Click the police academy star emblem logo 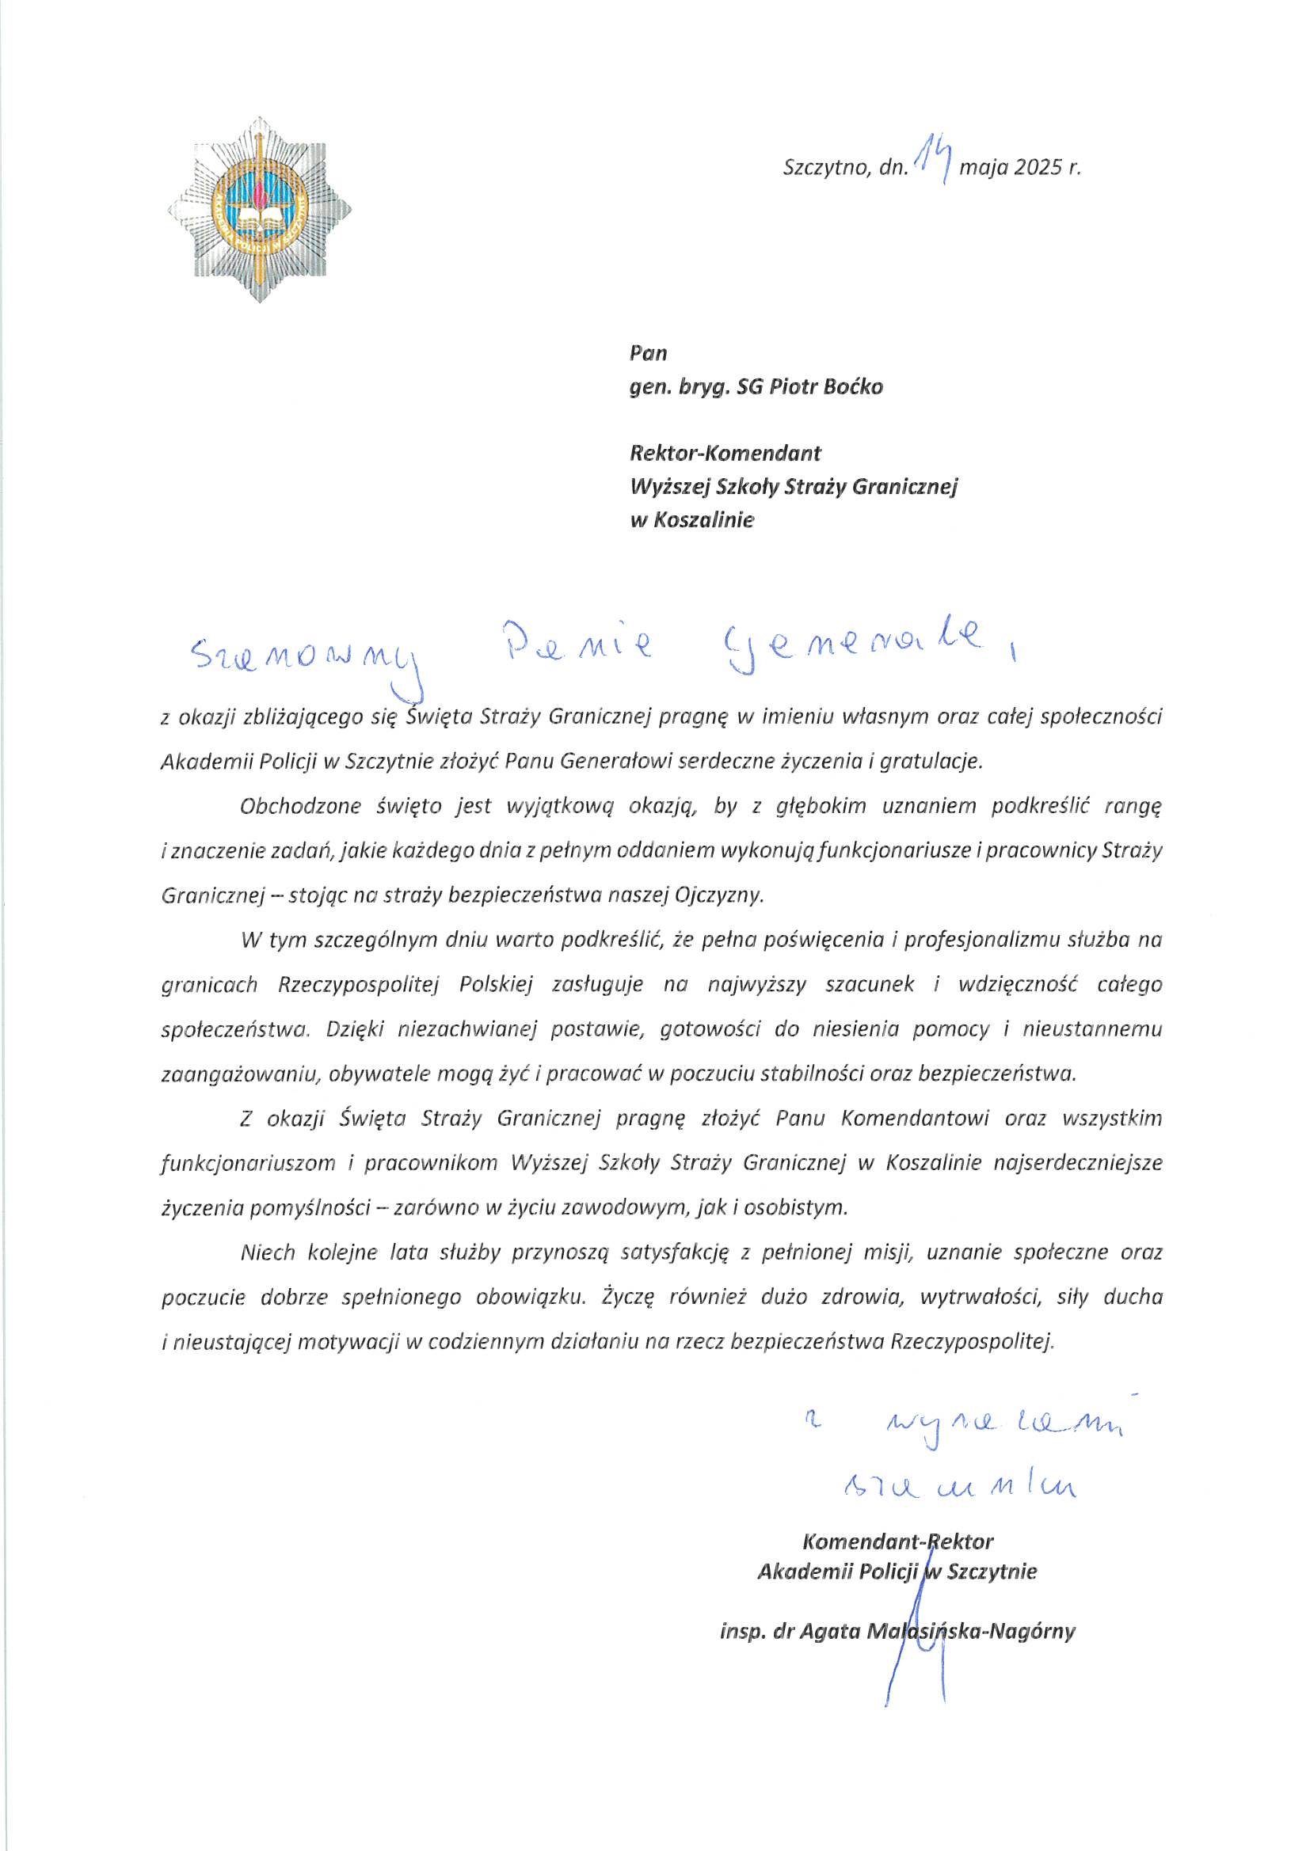coord(259,211)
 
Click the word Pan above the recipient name coord(649,353)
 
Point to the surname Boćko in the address coord(852,387)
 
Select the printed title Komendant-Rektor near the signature coord(898,1541)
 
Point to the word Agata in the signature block coord(832,1631)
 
